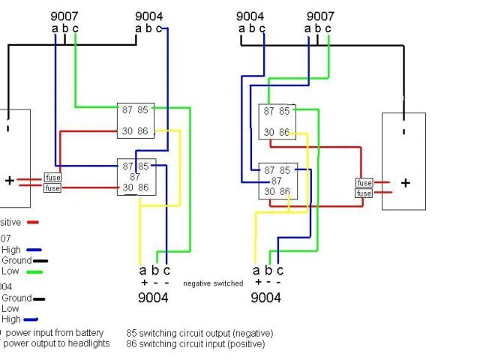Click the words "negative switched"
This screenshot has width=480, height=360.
pyautogui.click(x=213, y=283)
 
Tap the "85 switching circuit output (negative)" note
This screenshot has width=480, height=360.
pyautogui.click(x=199, y=333)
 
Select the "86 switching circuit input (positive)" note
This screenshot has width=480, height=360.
pyautogui.click(x=195, y=344)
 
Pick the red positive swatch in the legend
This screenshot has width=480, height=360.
pyautogui.click(x=32, y=222)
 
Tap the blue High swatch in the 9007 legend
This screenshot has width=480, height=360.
pyautogui.click(x=33, y=250)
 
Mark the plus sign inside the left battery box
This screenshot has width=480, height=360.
pyautogui.click(x=9, y=181)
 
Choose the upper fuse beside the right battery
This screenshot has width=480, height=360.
pyautogui.click(x=364, y=183)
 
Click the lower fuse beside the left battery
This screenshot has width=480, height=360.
pyautogui.click(x=52, y=188)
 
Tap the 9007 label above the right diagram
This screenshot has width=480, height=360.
pyautogui.click(x=321, y=16)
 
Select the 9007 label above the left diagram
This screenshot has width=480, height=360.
pyautogui.click(x=64, y=16)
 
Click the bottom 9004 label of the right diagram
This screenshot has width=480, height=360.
pyautogui.click(x=265, y=298)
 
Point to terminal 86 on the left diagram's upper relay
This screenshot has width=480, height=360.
pyautogui.click(x=142, y=131)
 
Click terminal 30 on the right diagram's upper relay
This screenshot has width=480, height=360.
pyautogui.click(x=268, y=133)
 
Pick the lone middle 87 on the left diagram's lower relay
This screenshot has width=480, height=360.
pyautogui.click(x=135, y=177)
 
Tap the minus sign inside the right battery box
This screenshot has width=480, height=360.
pyautogui.click(x=403, y=133)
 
